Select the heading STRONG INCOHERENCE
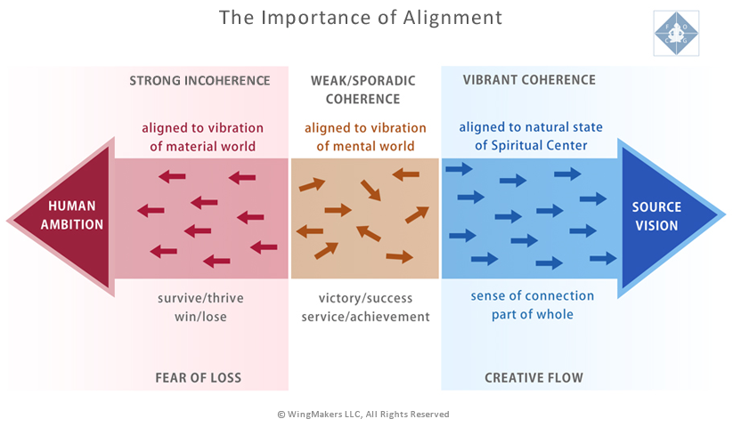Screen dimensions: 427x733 (x=200, y=80)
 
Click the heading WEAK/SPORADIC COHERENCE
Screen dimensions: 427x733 (x=363, y=89)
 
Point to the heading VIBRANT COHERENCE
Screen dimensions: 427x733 (x=529, y=80)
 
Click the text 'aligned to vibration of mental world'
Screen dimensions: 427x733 (x=362, y=136)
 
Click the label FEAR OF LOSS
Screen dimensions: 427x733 (x=199, y=378)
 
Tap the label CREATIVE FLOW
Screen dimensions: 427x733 (x=533, y=378)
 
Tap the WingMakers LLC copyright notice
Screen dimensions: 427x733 (x=363, y=414)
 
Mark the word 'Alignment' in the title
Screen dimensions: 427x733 (x=459, y=18)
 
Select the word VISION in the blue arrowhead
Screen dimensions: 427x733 (x=657, y=226)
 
